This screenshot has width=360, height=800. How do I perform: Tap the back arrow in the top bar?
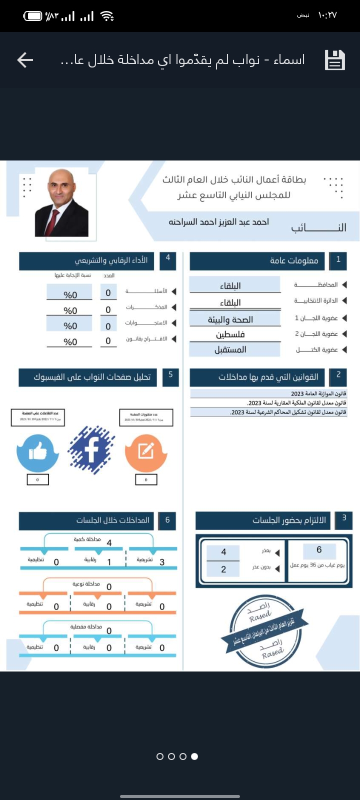pos(25,60)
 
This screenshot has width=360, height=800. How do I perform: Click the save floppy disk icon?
pos(335,60)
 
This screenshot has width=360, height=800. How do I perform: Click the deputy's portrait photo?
pos(61,203)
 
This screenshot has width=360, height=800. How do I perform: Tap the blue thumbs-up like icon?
pos(37,452)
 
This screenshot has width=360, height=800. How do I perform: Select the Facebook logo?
pos(91,450)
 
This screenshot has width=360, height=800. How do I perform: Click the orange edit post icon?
pos(145,452)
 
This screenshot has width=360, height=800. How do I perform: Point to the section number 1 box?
pos(338,260)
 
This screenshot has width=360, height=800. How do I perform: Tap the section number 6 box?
pos(167,520)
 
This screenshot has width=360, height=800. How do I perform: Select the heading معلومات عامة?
pos(294,260)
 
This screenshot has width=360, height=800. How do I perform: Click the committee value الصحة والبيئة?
pos(230,319)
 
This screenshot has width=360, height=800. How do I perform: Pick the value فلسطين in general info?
pos(230,334)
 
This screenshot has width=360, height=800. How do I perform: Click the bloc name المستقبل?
pos(230,349)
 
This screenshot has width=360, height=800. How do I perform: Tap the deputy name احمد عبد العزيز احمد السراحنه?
pos(218,222)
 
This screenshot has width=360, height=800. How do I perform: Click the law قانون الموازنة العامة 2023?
pos(318,393)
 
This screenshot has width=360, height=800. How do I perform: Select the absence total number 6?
pos(319,550)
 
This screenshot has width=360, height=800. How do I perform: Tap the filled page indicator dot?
pos(194,756)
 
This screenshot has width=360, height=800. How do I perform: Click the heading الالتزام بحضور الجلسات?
pos(289,520)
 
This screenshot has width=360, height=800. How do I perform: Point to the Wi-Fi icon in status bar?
pos(107,16)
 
